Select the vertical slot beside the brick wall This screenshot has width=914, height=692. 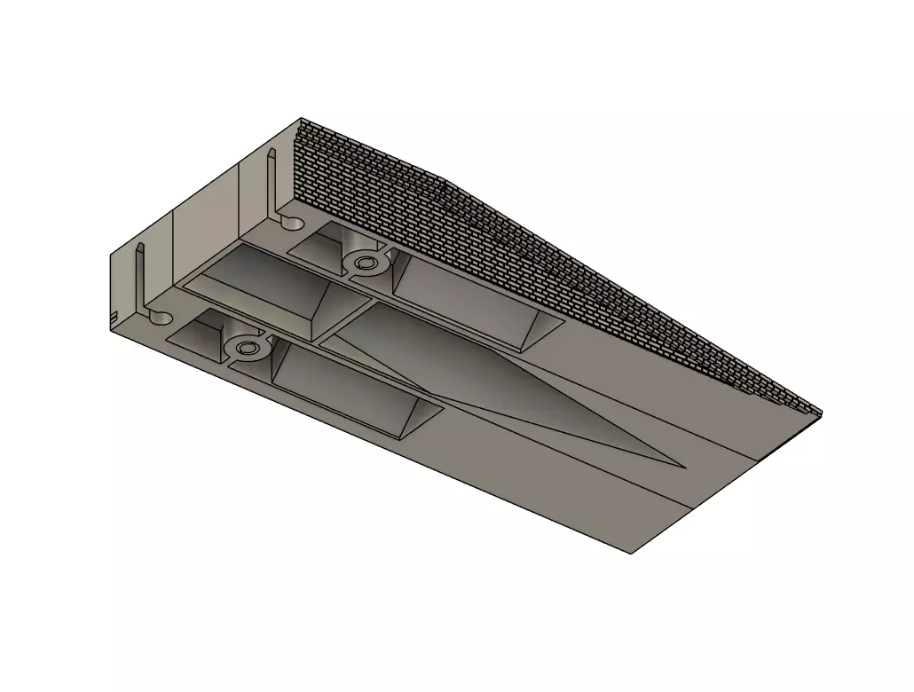point(271,182)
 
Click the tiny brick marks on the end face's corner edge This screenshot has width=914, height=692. point(113,316)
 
